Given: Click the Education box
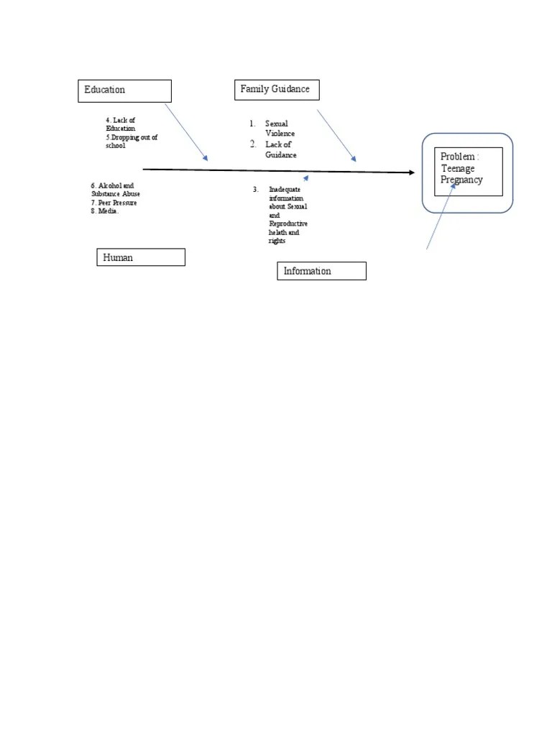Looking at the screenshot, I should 124,91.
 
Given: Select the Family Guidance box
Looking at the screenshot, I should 276,90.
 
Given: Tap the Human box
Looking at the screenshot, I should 140,257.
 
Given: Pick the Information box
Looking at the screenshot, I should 321,271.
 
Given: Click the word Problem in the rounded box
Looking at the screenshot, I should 458,157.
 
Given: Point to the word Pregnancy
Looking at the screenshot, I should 461,180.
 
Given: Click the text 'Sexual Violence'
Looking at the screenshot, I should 280,129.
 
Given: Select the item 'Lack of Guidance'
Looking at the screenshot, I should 280,149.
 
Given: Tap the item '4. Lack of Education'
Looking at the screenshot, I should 121,124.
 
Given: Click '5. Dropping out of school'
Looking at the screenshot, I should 131,141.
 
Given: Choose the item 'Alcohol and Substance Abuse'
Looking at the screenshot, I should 116,190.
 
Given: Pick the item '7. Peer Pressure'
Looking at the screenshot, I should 114,203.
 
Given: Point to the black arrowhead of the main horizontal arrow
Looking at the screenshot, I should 411,172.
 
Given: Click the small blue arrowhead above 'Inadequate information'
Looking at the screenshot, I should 307,176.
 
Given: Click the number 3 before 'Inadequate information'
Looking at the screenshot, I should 255,190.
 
